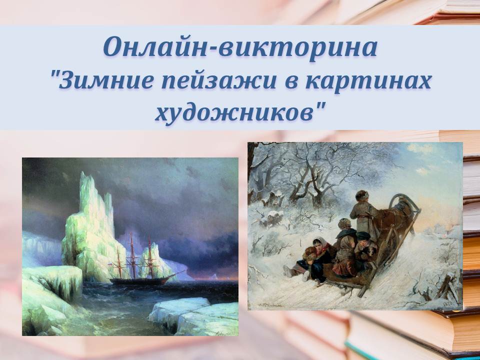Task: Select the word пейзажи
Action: coord(219,81)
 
